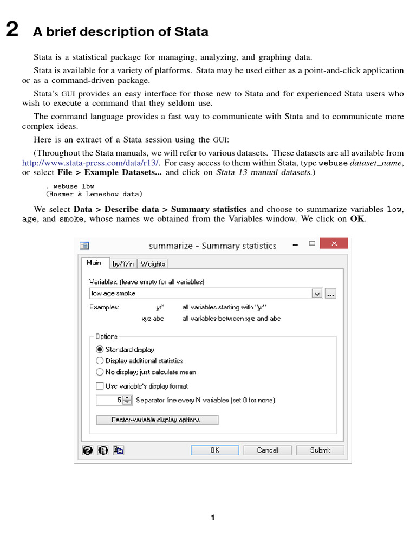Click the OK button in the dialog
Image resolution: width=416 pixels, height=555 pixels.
214,450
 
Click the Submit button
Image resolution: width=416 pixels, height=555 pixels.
320,450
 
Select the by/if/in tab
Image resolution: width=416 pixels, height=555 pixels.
123,264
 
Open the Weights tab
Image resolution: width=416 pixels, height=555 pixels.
153,264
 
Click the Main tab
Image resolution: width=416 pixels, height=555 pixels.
94,263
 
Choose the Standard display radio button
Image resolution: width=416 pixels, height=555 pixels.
100,350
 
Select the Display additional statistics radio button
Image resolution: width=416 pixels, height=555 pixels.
100,360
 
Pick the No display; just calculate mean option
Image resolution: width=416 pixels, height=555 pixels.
100,372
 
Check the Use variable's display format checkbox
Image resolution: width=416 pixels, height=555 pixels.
100,386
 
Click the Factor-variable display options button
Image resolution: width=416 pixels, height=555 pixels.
157,420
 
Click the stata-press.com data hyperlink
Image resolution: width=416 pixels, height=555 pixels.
90,163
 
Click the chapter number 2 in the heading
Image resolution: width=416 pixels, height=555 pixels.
12,30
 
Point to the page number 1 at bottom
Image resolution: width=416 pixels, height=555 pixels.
213,518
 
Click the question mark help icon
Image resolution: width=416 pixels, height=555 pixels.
87,450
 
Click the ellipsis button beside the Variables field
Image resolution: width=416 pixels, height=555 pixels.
331,293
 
